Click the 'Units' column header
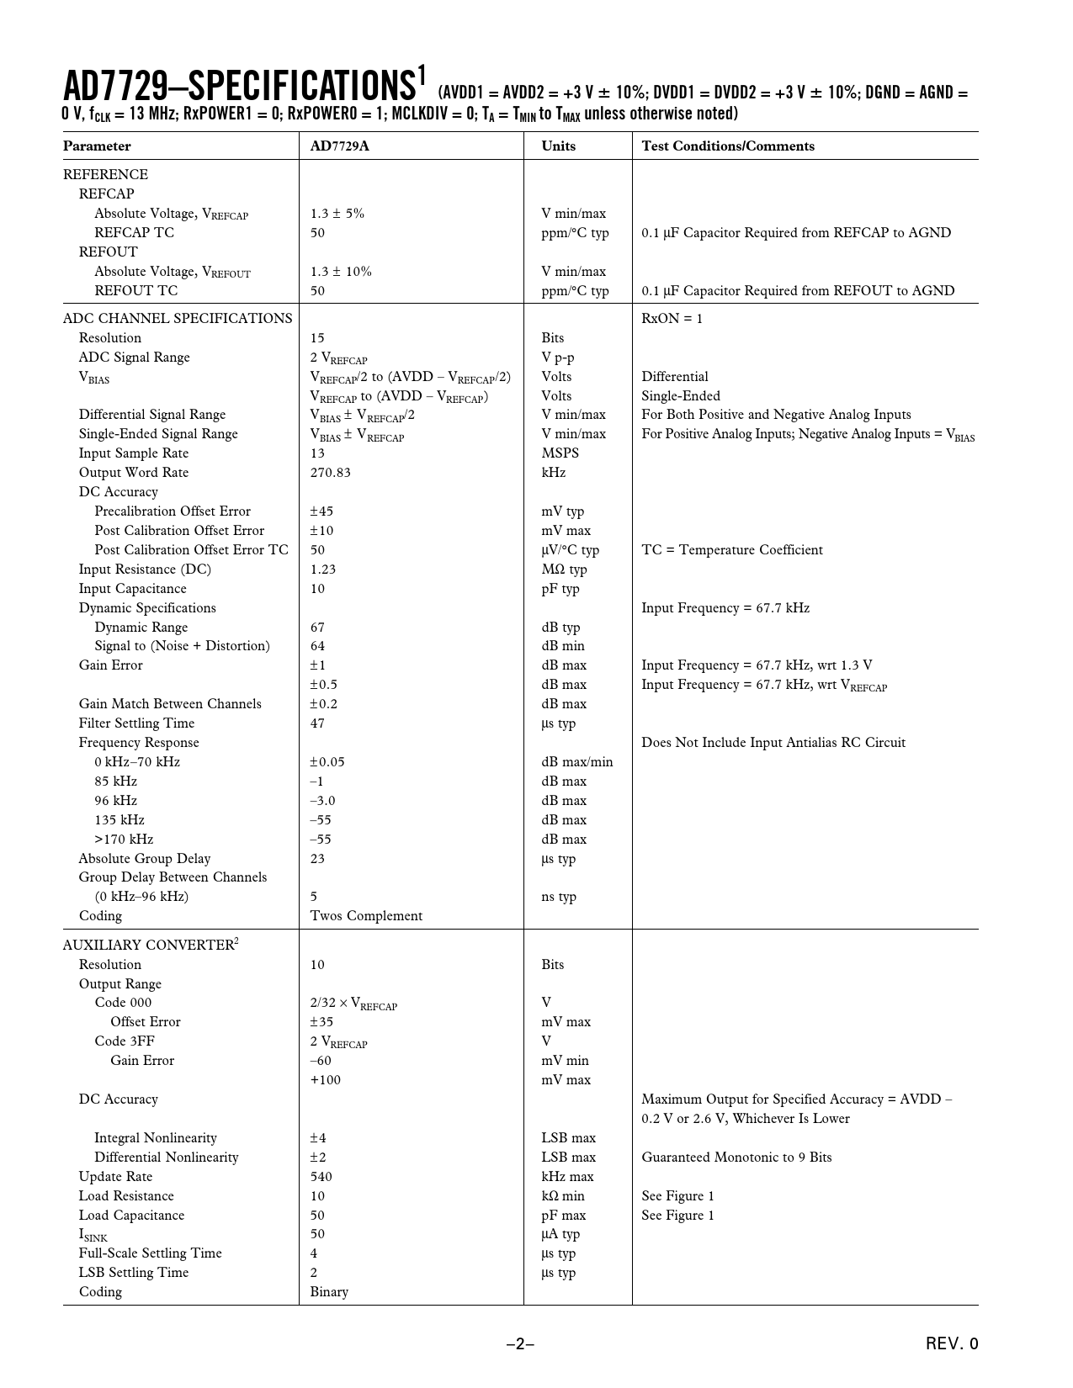coord(558,146)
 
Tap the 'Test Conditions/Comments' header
coord(727,146)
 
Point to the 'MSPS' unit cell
coord(560,453)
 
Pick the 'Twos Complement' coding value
coord(366,916)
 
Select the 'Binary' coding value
coord(328,1292)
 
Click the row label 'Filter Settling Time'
coord(136,723)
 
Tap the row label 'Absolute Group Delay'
coord(145,859)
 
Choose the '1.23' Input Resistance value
coord(322,570)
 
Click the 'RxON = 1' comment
coord(672,319)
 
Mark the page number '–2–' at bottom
coord(520,1344)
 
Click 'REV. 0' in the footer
coord(952,1344)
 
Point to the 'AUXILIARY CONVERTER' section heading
coord(148,946)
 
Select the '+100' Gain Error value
coord(325,1080)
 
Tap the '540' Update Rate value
coord(321,1177)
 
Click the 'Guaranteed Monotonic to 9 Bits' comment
coord(736,1158)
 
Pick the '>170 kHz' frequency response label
coord(124,840)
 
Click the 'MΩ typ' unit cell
coord(564,570)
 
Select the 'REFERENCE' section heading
coord(105,175)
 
